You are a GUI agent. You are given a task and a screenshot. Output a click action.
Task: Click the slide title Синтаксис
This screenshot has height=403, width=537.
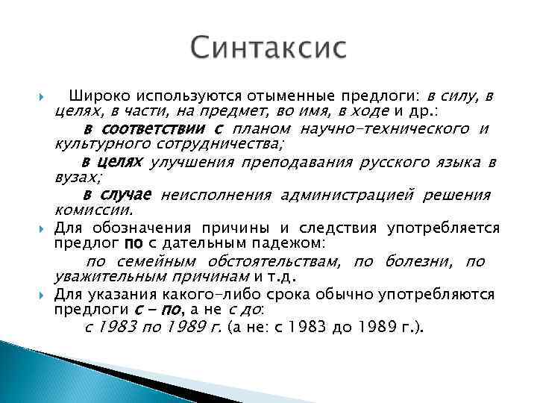(x=268, y=49)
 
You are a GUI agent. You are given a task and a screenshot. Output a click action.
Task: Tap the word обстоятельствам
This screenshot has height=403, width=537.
(x=272, y=261)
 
